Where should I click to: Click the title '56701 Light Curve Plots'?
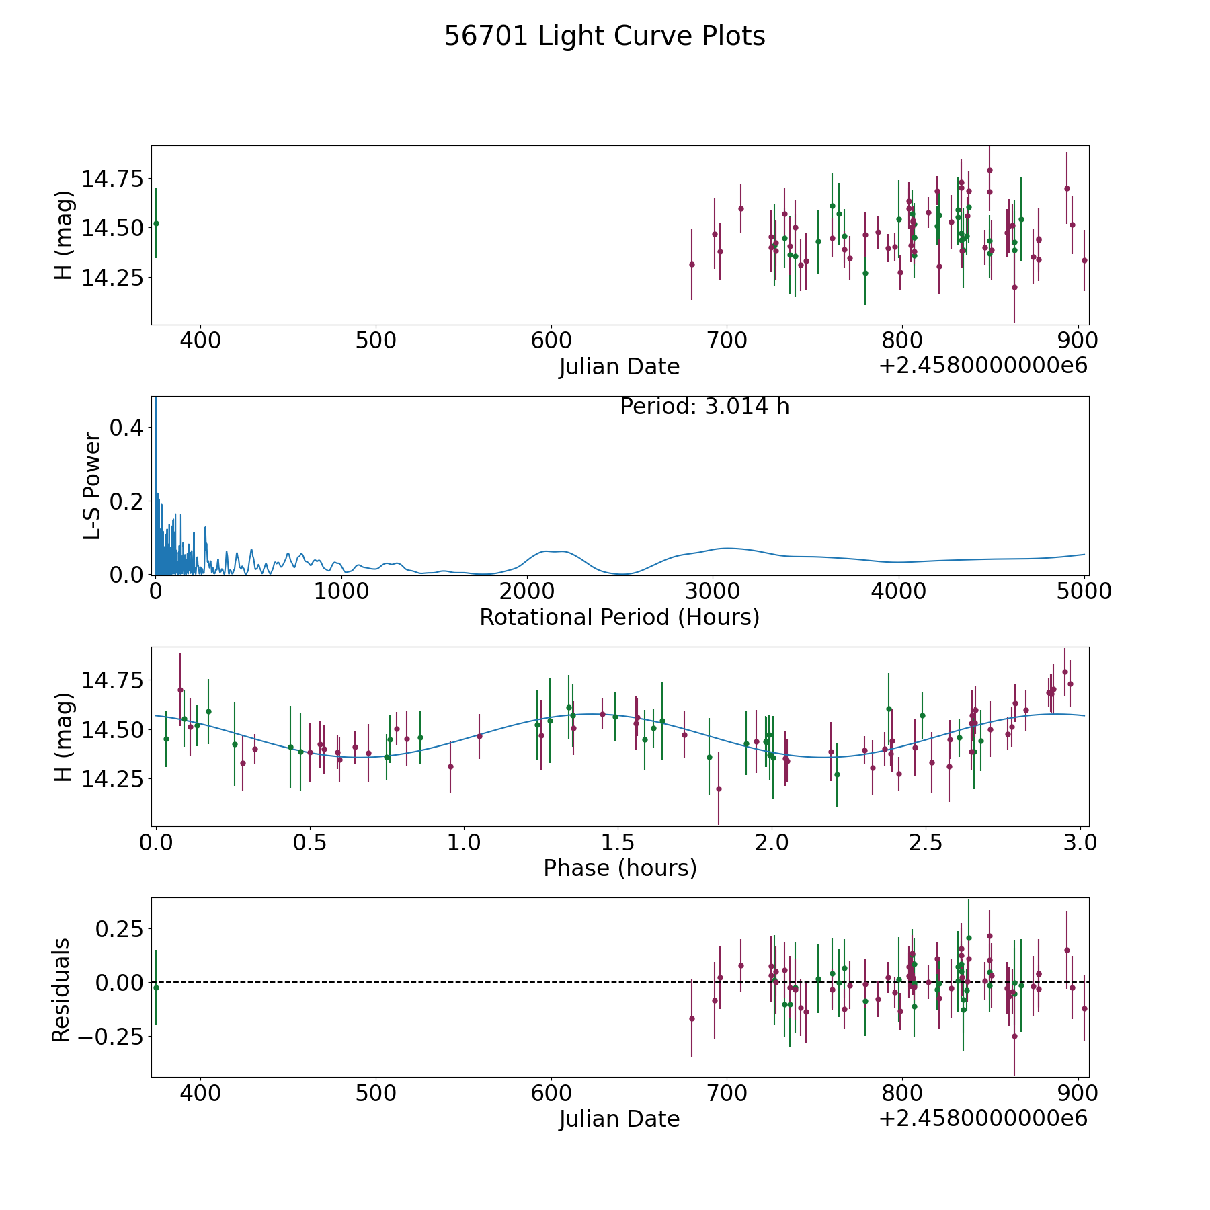[604, 36]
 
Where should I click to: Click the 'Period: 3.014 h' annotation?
[704, 407]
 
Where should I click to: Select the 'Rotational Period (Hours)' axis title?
[619, 617]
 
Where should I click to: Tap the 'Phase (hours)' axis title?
[619, 868]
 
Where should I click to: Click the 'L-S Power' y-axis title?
[92, 486]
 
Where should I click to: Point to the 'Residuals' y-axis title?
[61, 990]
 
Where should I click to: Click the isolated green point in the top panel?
[156, 223]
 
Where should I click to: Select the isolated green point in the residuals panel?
[156, 987]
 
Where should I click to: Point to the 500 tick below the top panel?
[376, 341]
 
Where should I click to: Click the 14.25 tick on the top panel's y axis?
[112, 277]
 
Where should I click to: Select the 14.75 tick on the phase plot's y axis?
[112, 680]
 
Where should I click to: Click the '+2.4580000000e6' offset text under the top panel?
[983, 366]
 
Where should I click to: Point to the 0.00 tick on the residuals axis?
[119, 983]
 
